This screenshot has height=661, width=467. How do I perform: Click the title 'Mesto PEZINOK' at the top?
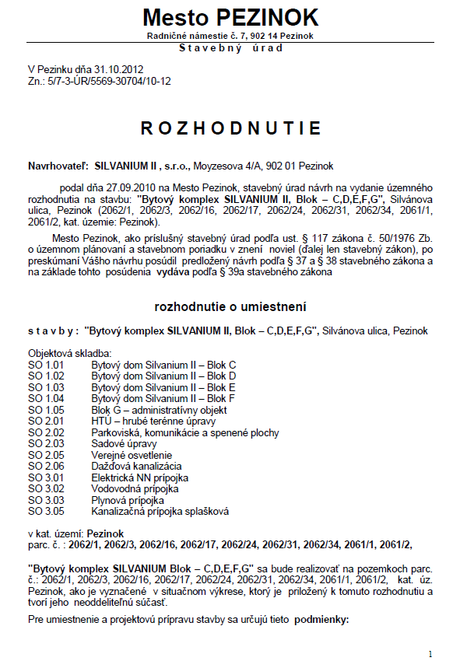[231, 17]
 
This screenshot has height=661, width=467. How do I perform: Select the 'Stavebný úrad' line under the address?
[231, 47]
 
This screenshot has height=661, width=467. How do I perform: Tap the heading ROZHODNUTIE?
[231, 128]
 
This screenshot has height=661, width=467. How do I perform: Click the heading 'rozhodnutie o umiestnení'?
[231, 306]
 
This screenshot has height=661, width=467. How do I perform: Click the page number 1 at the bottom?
[430, 652]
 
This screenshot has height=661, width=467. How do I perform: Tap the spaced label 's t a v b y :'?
[52, 331]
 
